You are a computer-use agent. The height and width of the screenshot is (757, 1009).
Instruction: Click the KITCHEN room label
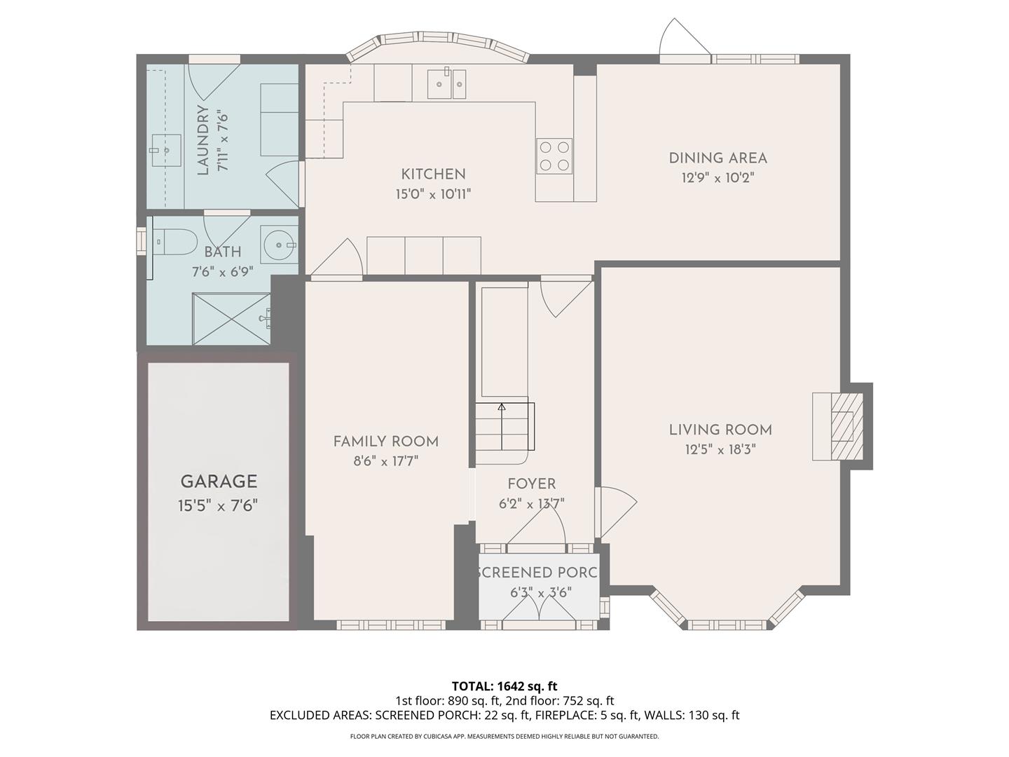tap(433, 174)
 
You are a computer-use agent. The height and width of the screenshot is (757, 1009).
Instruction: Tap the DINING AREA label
tap(718, 158)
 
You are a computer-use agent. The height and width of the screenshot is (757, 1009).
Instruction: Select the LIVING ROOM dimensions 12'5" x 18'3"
tap(720, 449)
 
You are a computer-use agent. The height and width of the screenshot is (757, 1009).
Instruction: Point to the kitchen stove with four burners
tap(554, 156)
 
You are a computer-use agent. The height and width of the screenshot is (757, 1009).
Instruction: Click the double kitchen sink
tap(447, 83)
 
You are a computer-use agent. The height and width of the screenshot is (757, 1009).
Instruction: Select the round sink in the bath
tap(280, 245)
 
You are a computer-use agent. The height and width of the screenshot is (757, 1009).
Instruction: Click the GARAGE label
tap(219, 482)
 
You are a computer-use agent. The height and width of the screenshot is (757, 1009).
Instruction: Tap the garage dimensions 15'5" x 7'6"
tap(218, 505)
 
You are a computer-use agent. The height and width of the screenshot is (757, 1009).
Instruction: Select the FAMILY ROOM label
tap(385, 442)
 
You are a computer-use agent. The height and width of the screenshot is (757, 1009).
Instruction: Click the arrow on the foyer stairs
tap(502, 406)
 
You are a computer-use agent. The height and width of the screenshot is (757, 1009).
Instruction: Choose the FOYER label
tap(532, 484)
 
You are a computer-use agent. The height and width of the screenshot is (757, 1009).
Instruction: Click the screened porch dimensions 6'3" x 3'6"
tap(540, 592)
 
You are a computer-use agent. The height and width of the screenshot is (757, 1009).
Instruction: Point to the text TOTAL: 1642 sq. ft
tap(504, 686)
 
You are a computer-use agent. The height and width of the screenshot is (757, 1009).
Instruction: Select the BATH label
tap(222, 252)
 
